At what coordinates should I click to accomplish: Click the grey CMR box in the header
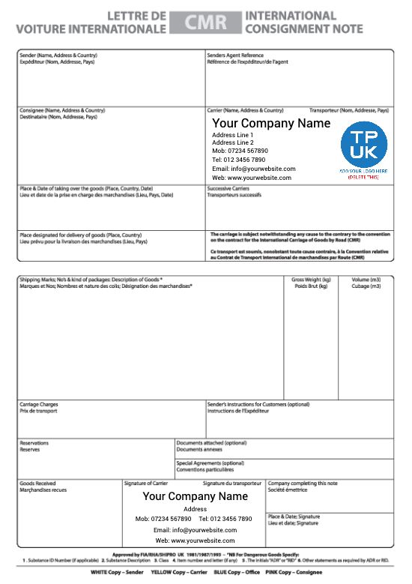[x=205, y=22]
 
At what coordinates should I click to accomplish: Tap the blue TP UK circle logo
[x=364, y=145]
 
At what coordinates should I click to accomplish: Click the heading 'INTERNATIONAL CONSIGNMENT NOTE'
[x=303, y=22]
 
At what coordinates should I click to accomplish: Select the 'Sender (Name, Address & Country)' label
[x=58, y=55]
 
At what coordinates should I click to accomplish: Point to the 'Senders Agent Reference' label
[x=235, y=55]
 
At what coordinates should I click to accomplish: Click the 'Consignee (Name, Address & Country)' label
[x=62, y=110]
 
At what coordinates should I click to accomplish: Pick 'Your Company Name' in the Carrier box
[x=270, y=123]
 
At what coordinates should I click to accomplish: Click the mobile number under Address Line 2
[x=240, y=151]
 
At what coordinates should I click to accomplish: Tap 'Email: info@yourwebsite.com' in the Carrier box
[x=253, y=169]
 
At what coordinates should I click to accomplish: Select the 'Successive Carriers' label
[x=229, y=188]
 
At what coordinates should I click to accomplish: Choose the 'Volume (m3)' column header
[x=366, y=280]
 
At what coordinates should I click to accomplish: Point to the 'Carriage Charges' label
[x=39, y=405]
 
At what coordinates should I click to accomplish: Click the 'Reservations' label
[x=34, y=443]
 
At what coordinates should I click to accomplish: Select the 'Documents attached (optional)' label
[x=211, y=443]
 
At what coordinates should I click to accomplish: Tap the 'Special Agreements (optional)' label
[x=210, y=463]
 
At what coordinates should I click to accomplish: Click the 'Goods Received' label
[x=37, y=484]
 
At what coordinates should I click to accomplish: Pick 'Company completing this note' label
[x=303, y=484]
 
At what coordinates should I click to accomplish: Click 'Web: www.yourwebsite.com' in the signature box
[x=196, y=541]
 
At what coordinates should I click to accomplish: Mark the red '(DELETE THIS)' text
[x=364, y=176]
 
